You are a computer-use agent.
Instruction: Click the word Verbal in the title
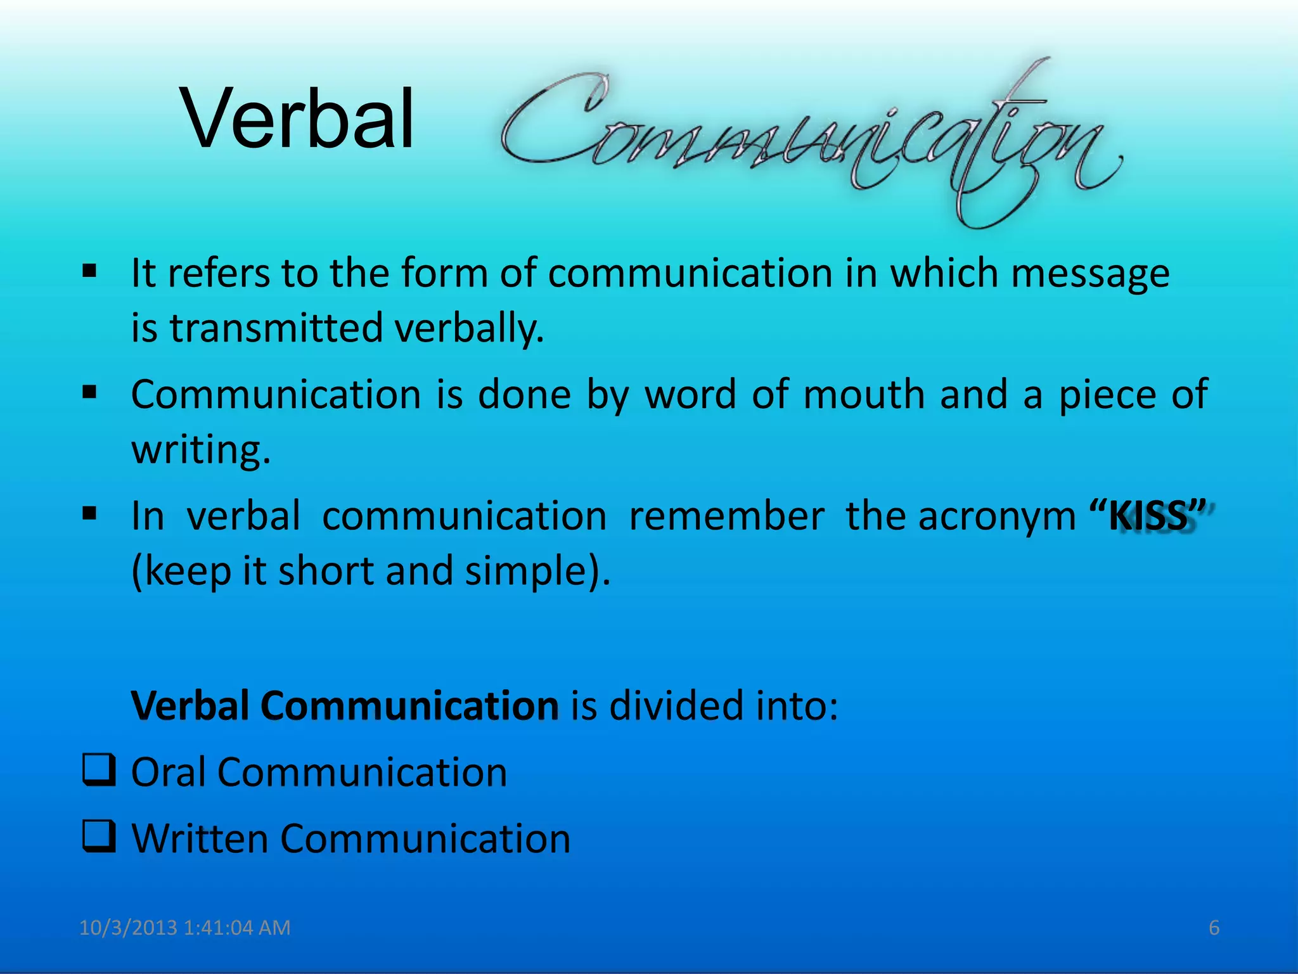(x=298, y=119)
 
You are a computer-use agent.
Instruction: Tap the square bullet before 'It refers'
(x=89, y=272)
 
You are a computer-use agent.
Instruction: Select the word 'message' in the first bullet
(x=1090, y=274)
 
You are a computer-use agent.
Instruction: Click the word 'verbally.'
(x=469, y=329)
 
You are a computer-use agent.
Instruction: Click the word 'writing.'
(x=201, y=450)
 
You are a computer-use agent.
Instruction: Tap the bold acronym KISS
(x=1147, y=516)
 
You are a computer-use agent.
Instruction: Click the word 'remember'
(x=726, y=516)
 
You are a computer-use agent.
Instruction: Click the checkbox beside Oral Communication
(x=99, y=770)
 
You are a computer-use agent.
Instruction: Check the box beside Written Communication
(x=99, y=836)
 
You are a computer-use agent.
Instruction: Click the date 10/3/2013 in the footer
(x=127, y=928)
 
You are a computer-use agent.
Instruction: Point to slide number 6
(x=1214, y=928)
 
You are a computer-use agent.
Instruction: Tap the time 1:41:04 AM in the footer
(x=236, y=928)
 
